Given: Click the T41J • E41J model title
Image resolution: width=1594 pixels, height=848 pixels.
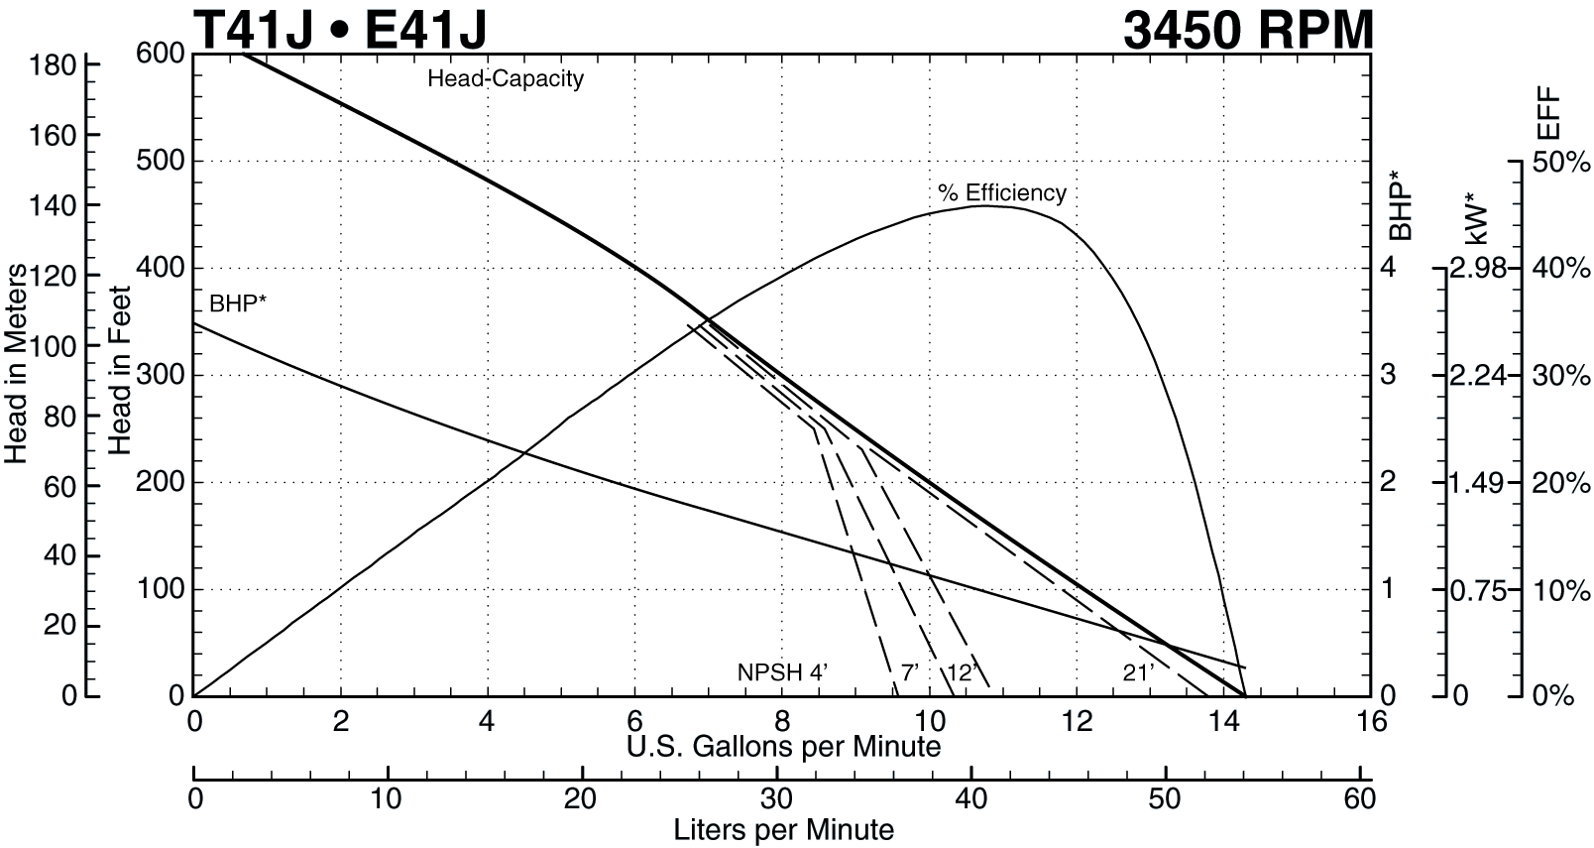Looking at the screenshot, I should [340, 29].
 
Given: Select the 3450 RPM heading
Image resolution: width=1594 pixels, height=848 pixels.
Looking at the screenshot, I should [1248, 29].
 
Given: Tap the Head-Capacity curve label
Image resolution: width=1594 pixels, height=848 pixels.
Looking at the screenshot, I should [506, 78].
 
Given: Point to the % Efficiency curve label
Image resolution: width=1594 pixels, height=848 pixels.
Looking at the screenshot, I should [1002, 192].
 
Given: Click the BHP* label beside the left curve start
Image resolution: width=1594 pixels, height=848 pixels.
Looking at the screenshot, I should [238, 303].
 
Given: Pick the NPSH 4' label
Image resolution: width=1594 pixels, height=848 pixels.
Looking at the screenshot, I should [782, 672].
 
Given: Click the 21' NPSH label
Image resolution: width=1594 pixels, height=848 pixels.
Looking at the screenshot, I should [1138, 672].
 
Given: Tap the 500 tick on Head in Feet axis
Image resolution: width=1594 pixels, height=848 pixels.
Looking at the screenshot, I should [161, 161].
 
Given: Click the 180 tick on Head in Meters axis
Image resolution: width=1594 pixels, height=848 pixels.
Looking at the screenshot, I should [54, 65].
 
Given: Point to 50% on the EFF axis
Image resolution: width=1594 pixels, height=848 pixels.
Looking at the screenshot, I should [1561, 162].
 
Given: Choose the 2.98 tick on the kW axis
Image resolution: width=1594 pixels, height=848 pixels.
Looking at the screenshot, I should [1477, 268].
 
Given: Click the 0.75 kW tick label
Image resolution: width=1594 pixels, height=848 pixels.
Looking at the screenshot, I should [1477, 590].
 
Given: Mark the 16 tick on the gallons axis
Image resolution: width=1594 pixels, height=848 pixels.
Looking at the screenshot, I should [1372, 722].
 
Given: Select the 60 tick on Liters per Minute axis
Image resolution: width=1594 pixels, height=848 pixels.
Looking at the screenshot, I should [1360, 797].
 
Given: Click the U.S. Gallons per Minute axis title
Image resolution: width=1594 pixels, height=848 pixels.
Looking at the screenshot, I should [783, 746].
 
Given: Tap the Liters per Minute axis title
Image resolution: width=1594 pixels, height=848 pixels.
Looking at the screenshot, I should [783, 829].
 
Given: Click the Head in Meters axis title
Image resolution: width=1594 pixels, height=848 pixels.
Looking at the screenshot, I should [16, 365].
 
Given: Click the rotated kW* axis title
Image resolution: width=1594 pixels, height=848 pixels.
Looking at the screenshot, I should [1477, 219].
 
